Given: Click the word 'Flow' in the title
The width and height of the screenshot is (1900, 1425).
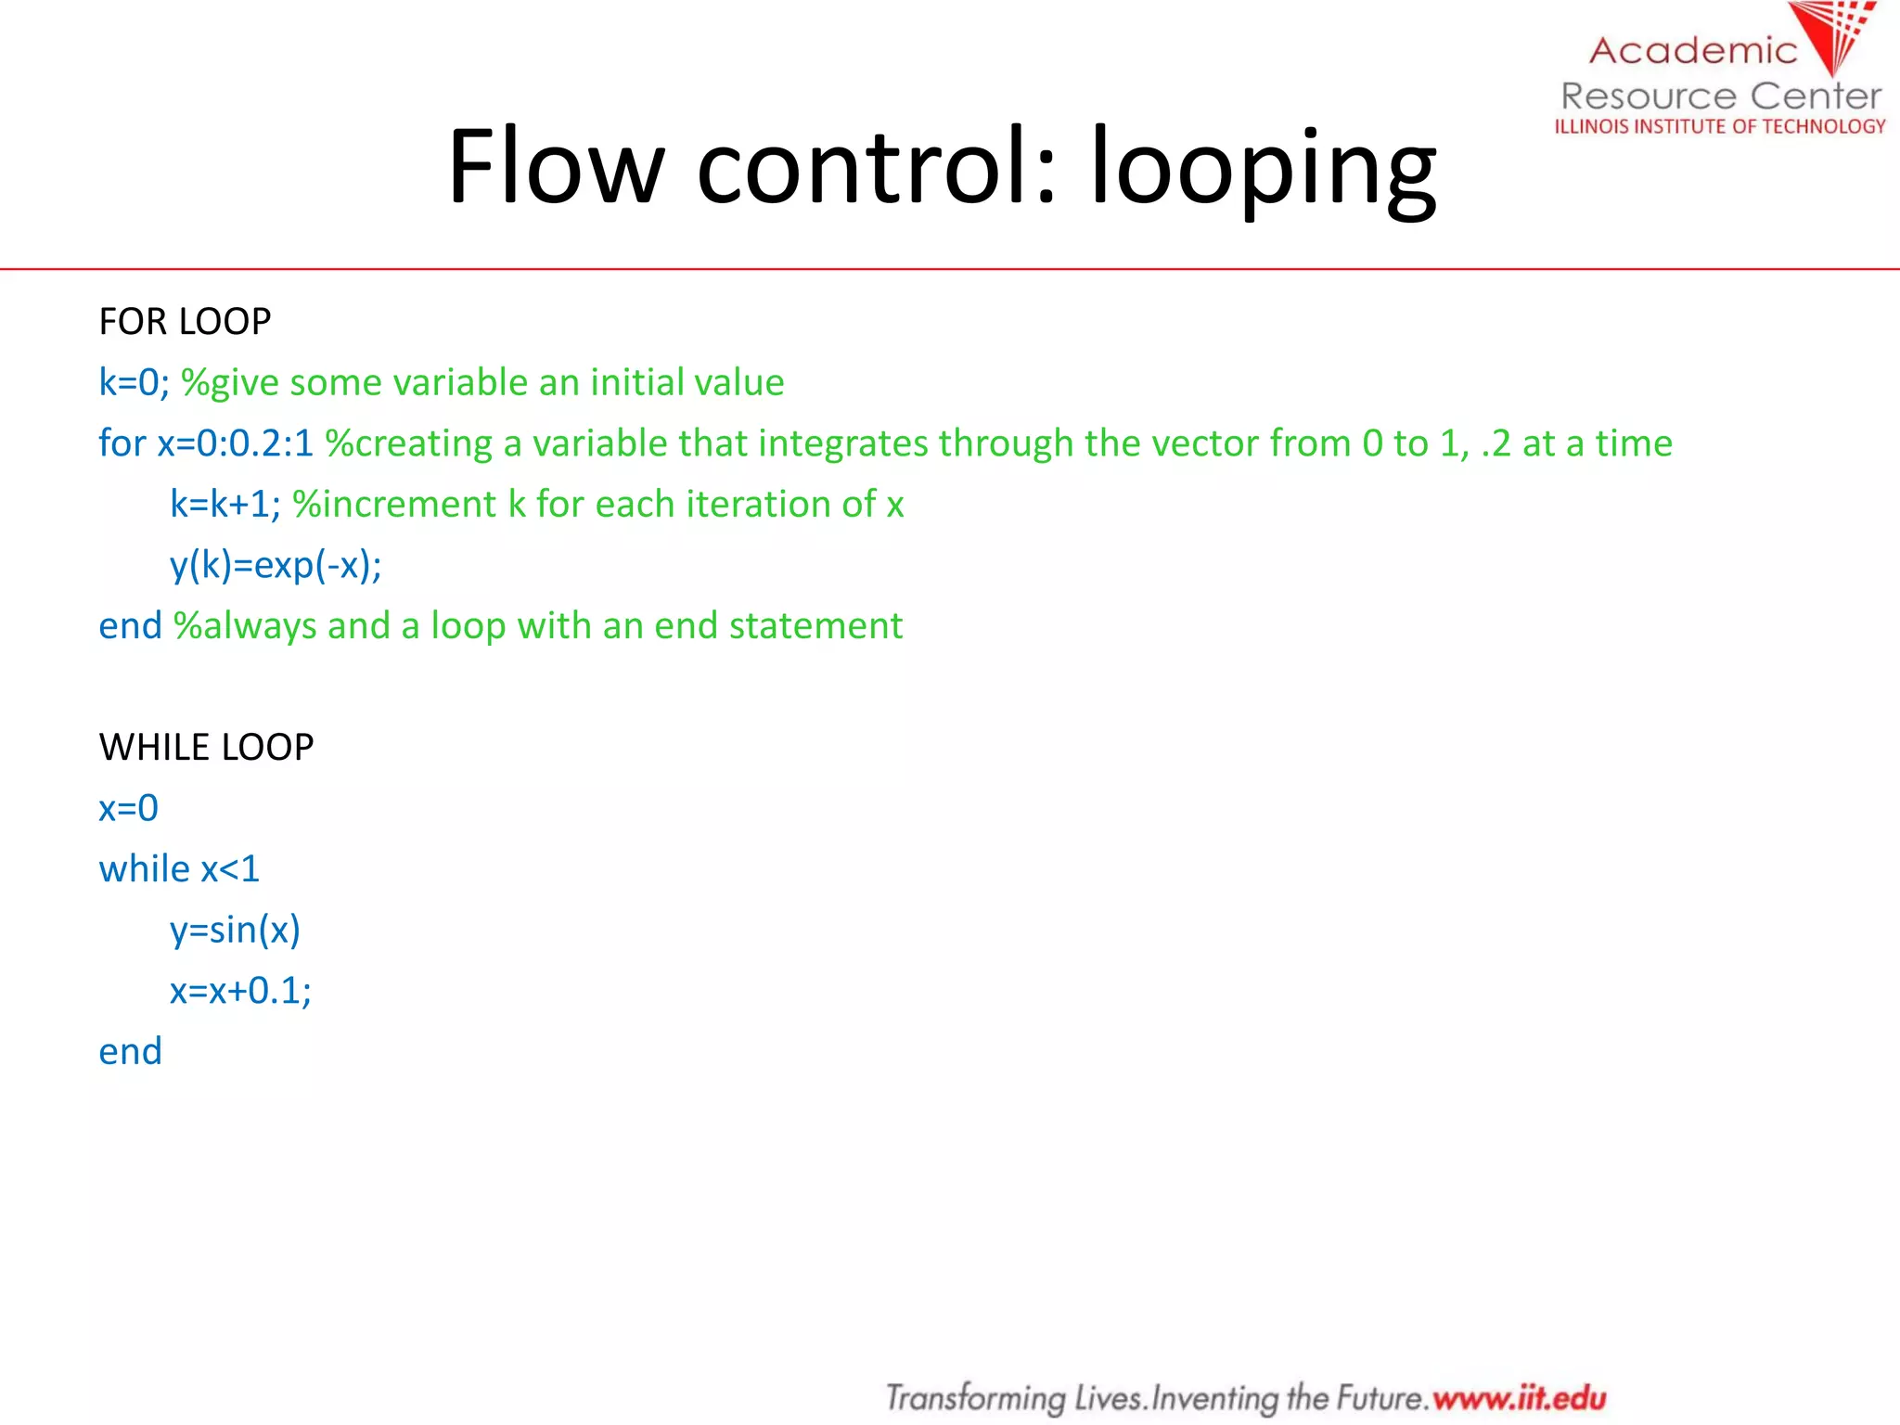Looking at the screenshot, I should tap(556, 167).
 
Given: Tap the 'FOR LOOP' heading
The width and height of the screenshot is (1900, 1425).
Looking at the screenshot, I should tap(185, 322).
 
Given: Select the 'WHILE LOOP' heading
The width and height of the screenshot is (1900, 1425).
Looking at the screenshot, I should tap(206, 747).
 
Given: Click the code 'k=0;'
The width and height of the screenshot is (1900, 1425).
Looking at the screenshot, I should tap(134, 382).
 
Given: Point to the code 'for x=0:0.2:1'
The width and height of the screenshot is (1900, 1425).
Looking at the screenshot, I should tap(206, 443).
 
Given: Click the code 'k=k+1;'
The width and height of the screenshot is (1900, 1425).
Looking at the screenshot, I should tap(225, 504).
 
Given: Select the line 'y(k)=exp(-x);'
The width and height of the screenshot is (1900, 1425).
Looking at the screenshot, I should tap(276, 565).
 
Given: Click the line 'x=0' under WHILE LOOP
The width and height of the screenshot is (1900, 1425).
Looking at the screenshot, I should tap(128, 808).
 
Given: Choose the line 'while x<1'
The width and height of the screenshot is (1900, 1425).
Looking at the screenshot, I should tap(179, 869).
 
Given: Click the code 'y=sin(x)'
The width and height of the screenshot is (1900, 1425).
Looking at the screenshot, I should tap(235, 930).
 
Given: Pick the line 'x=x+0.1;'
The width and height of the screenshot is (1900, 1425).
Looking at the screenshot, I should tap(240, 991).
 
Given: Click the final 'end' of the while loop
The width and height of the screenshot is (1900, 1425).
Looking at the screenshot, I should tap(130, 1051).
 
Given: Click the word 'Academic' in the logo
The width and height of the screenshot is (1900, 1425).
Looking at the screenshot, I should tap(1693, 50).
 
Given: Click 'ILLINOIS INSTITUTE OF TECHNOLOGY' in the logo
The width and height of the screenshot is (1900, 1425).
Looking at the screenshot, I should tap(1720, 126).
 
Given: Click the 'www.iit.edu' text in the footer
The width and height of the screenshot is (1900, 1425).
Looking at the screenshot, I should tap(1519, 1397).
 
